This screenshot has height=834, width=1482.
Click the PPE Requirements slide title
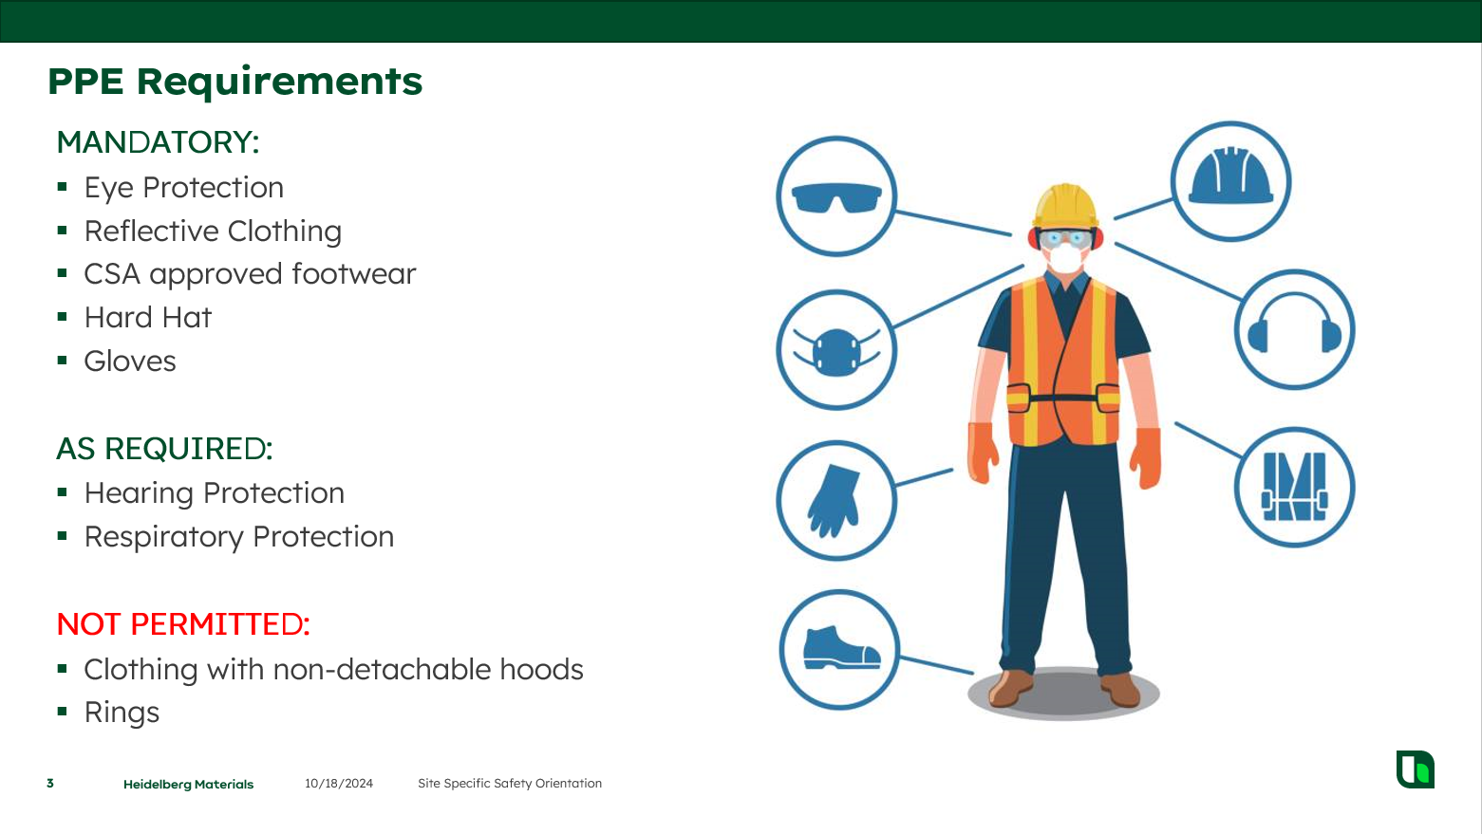pos(234,82)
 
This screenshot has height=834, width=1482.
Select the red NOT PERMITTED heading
pos(183,624)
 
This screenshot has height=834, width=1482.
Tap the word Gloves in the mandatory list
pos(130,361)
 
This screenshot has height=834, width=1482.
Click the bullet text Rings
pos(122,713)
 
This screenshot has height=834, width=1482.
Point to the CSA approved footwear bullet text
pos(250,274)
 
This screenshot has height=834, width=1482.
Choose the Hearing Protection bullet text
pos(215,493)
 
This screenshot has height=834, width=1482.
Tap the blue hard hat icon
pos(1230,176)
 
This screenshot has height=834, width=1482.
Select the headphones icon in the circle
pos(1295,322)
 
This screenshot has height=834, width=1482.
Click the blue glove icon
pos(835,501)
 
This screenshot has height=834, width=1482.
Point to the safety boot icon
pos(841,648)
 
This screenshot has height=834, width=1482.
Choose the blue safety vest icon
pos(1294,487)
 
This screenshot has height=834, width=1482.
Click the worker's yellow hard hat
pos(1065,205)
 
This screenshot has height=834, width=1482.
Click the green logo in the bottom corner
pos(1416,769)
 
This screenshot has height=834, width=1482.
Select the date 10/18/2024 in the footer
pos(339,784)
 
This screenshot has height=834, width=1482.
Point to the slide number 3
pos(50,784)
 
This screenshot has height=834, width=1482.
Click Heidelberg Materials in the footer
pos(189,785)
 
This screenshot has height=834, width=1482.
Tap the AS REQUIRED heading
pos(165,449)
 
